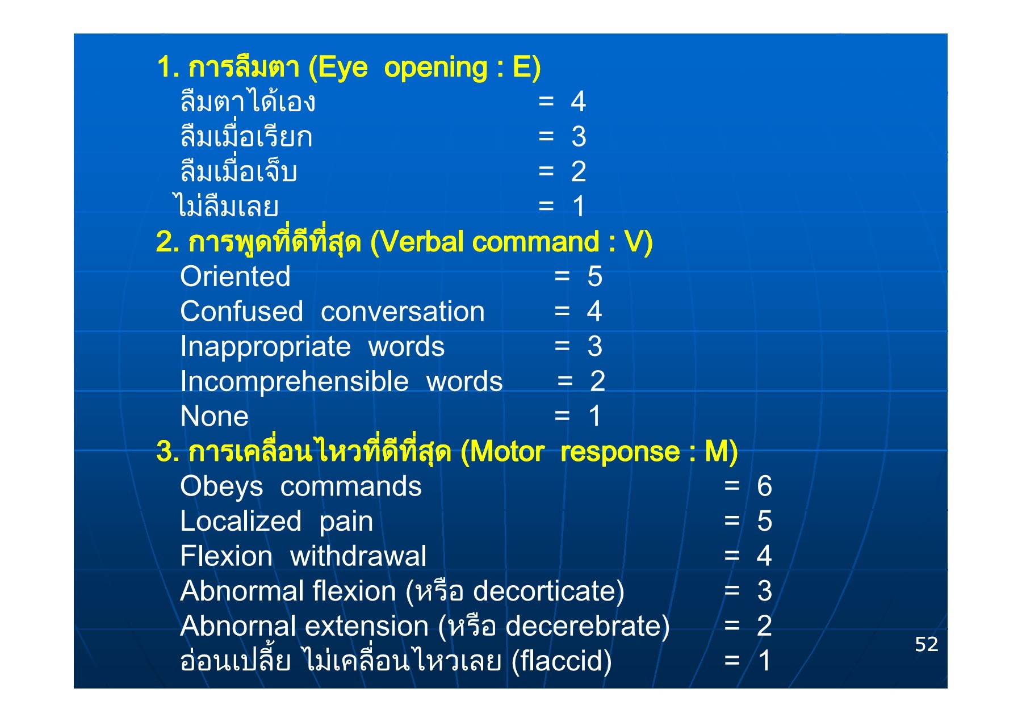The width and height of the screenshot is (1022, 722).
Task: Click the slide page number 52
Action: (x=927, y=644)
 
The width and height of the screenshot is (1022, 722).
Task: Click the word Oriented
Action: (x=235, y=277)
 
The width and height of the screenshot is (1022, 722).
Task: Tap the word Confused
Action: (x=242, y=312)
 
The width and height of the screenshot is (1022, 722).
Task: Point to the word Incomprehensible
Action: (x=295, y=382)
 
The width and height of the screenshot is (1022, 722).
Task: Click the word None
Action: (x=215, y=417)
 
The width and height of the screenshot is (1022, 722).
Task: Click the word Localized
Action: (x=241, y=522)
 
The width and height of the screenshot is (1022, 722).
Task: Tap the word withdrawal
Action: (x=358, y=556)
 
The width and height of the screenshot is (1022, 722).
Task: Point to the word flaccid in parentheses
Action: (x=561, y=661)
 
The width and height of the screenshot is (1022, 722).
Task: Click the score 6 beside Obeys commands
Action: (x=764, y=486)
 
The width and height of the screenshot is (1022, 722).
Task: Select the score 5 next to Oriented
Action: (x=594, y=277)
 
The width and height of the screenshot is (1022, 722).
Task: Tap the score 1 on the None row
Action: (x=594, y=417)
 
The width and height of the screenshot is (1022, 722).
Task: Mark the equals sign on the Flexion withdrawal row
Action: (x=732, y=556)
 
